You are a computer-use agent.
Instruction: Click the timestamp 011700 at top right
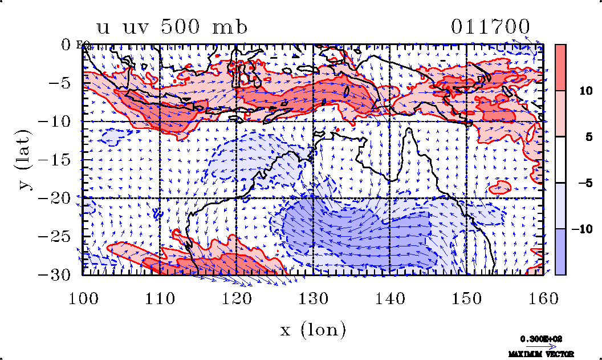(490, 27)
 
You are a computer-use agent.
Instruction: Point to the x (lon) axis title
(313, 329)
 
